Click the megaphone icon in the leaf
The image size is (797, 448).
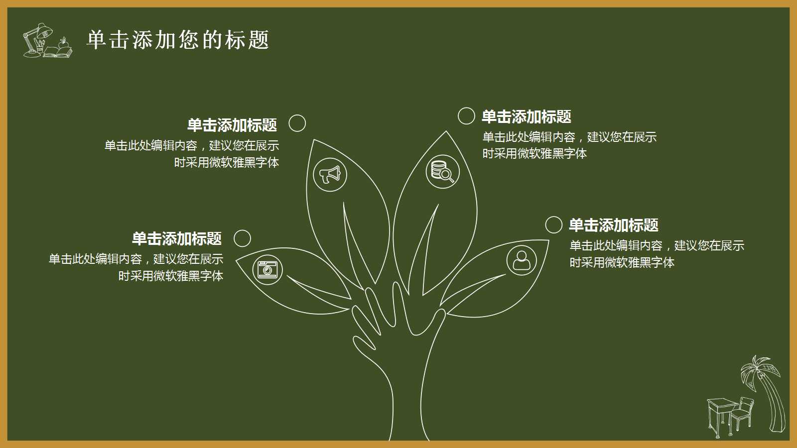coord(330,175)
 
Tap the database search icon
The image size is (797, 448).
coord(442,172)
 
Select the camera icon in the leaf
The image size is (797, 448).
coord(267,269)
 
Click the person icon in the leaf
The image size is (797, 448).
coord(522,260)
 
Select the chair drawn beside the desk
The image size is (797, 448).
coord(742,413)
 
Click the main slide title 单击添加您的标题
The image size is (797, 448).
coord(178,40)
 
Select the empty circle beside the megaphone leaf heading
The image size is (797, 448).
coord(297,123)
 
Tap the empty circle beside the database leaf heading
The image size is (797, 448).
coord(466,115)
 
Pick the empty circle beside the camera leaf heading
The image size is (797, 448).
coord(242,238)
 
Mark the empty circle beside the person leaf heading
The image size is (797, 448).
coord(553,224)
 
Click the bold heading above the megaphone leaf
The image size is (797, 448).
coord(232,125)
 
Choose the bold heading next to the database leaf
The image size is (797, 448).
coord(527,117)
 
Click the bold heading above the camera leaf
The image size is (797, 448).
coord(177,238)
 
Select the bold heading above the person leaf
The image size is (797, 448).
coord(614,225)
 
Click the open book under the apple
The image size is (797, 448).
coord(58,52)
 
